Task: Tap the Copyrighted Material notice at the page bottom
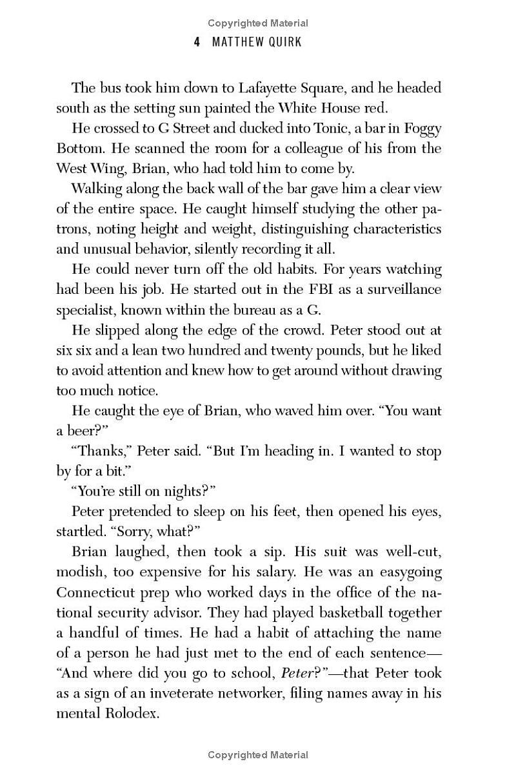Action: click(x=258, y=754)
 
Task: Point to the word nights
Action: click(x=181, y=492)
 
